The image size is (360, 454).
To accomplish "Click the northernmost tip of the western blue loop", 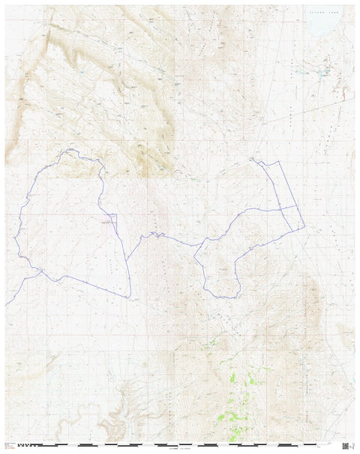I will (x=69, y=151).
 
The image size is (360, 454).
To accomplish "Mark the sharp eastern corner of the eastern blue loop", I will (x=303, y=225).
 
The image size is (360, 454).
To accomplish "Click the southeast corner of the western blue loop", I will (x=129, y=292).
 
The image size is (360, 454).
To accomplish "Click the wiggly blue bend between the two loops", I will (x=154, y=234).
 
